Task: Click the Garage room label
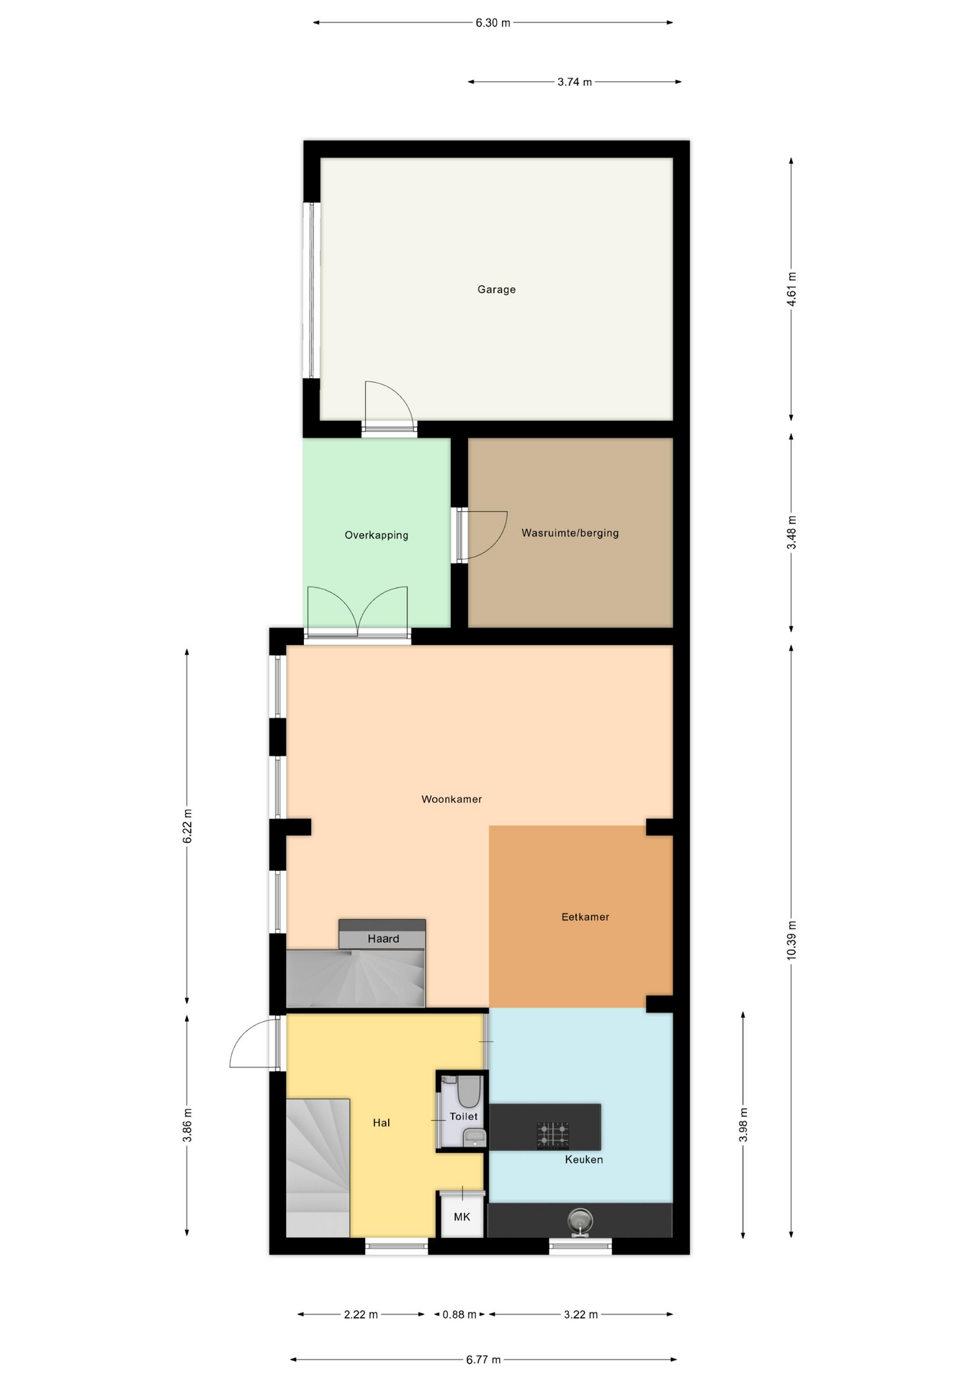496,289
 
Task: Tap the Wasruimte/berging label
570,533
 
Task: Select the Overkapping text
376,535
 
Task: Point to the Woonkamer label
452,799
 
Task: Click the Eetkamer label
585,917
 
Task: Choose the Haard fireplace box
382,934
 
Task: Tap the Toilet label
464,1116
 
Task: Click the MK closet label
462,1216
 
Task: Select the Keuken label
583,1160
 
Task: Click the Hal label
381,1123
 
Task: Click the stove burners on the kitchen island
552,1135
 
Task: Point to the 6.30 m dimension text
493,23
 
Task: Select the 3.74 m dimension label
575,82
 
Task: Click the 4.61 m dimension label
791,289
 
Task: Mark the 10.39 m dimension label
791,940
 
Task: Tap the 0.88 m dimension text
459,1314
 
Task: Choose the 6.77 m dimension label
483,1360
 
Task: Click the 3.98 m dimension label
743,1124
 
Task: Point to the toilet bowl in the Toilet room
469,1091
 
